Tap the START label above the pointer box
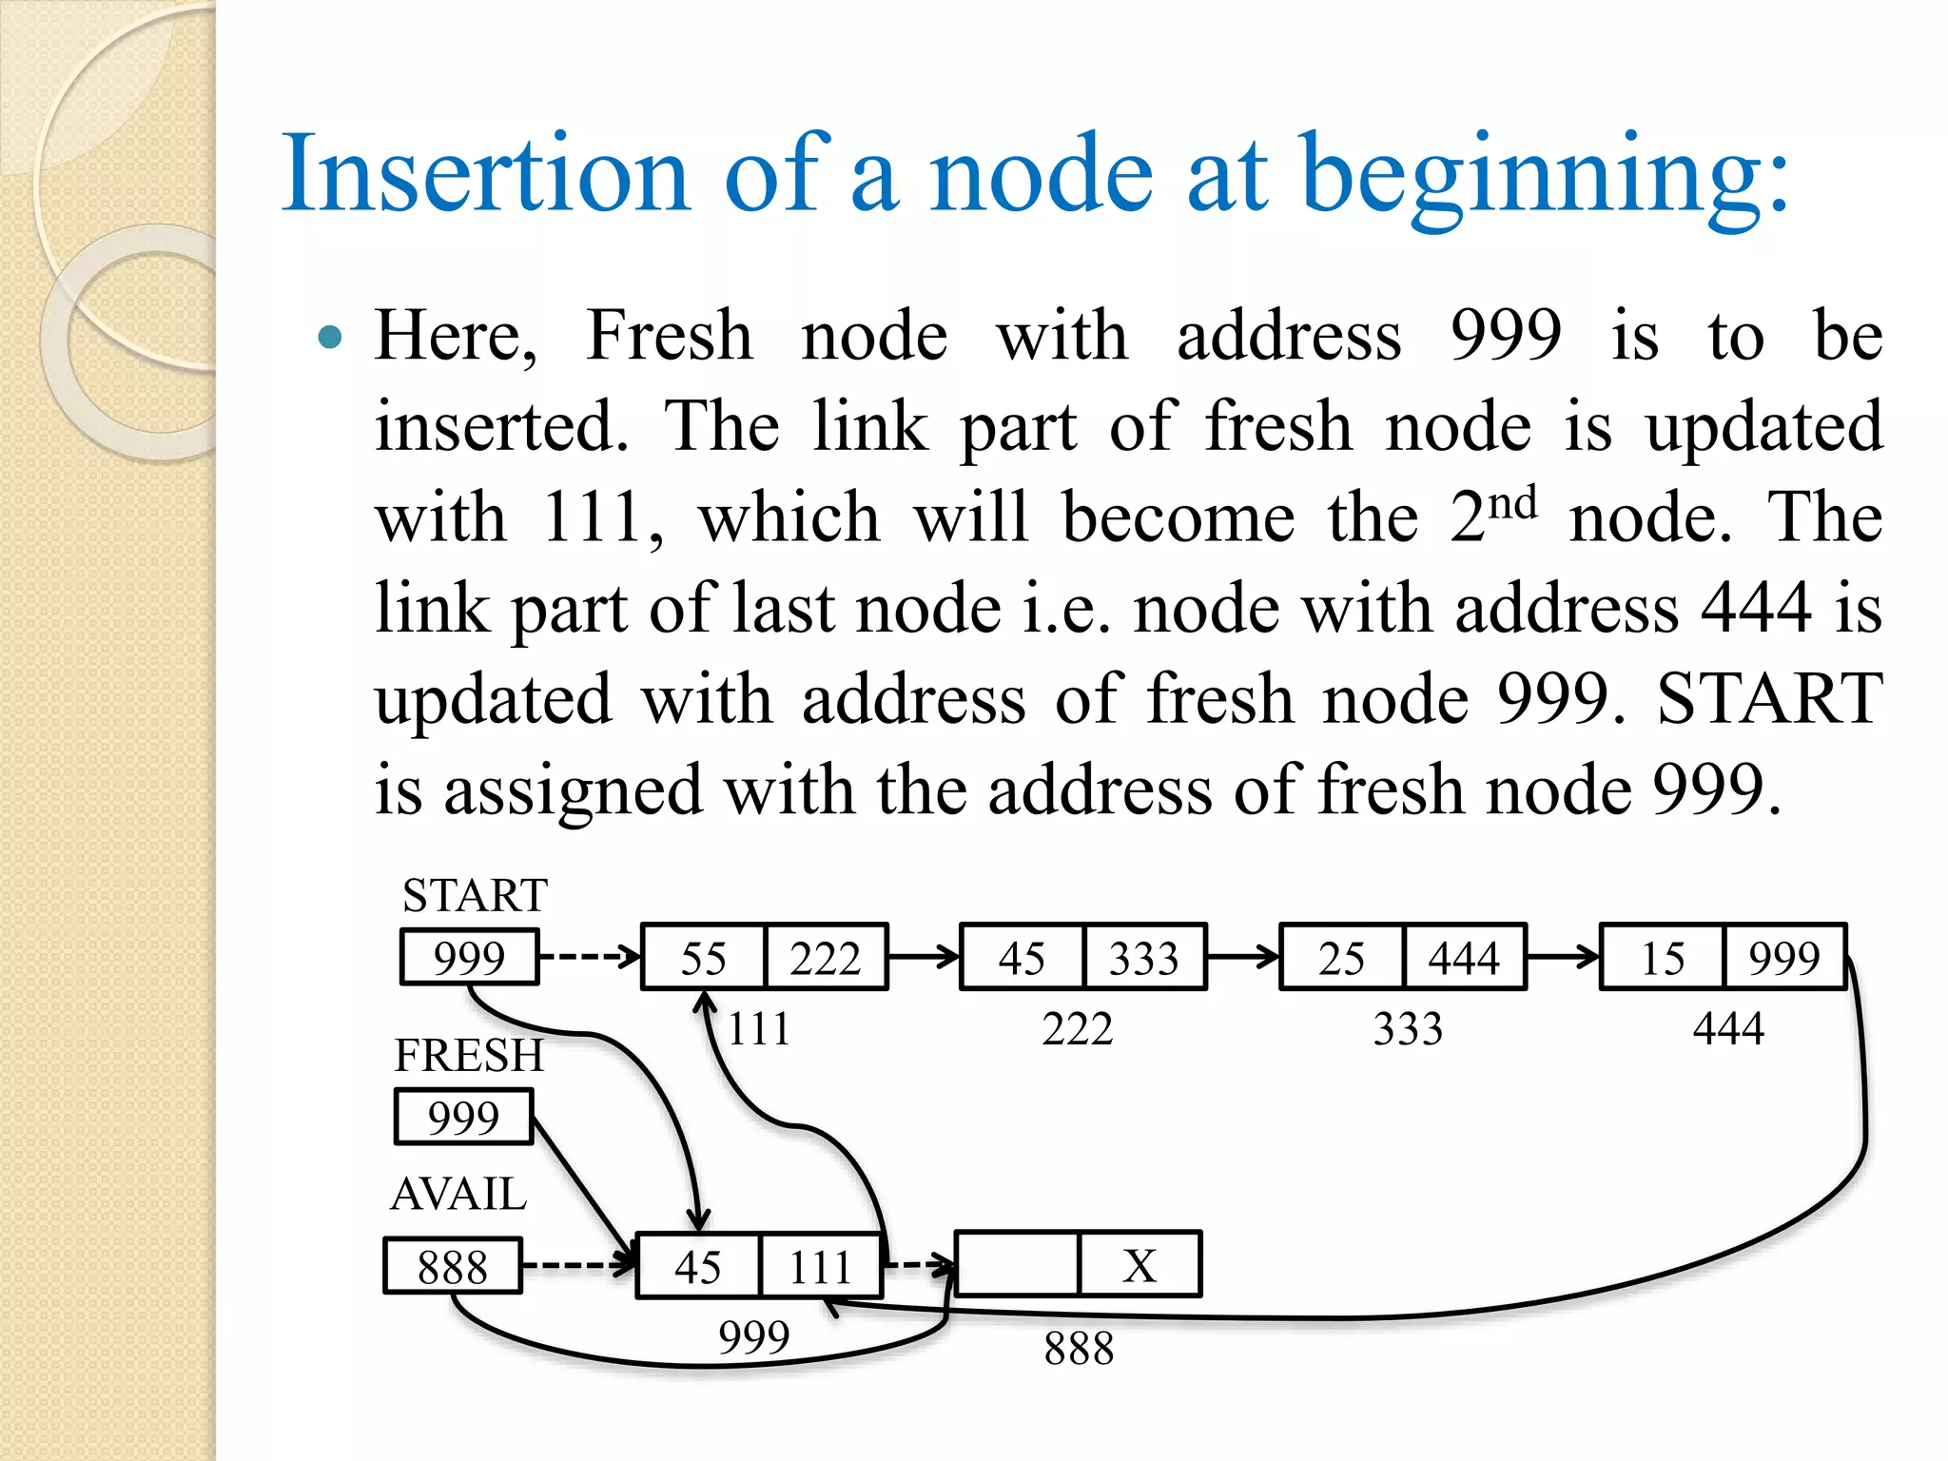475,895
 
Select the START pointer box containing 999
469,957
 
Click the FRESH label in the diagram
469,1055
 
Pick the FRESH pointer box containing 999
463,1117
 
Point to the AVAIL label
458,1194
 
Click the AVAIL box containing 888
453,1266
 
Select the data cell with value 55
704,958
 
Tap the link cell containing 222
825,958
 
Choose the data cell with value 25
1342,958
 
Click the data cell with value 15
1663,958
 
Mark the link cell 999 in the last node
1784,958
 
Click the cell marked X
1140,1265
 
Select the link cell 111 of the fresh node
820,1266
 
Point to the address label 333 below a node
1408,1029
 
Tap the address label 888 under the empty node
1079,1348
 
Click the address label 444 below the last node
1728,1029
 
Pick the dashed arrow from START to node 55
590,956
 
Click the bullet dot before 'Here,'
329,337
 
